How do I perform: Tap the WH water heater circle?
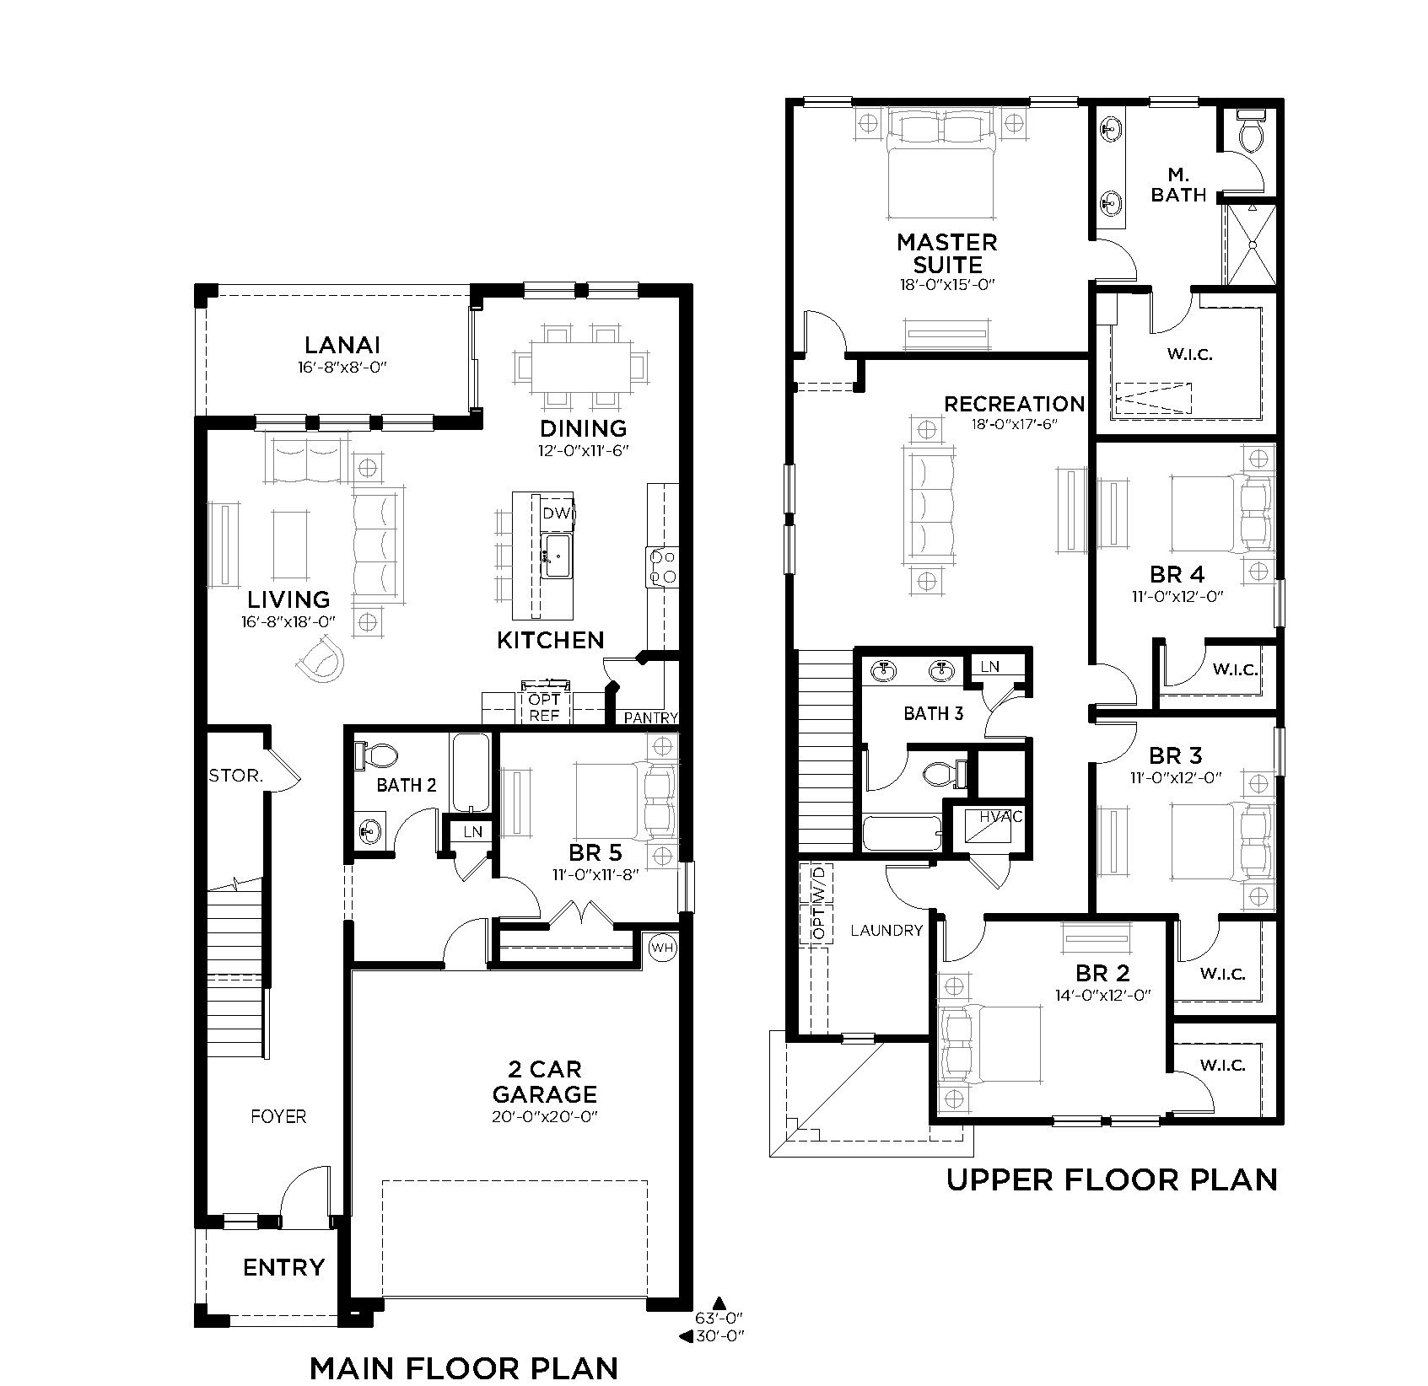pos(662,948)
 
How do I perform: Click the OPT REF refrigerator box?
pos(544,708)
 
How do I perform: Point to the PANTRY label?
pos(650,717)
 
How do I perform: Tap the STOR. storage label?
pos(235,776)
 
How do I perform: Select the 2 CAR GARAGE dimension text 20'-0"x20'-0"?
pos(544,1116)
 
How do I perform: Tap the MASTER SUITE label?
pos(946,253)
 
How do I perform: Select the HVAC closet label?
pos(1000,816)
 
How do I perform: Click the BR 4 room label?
pos(1177,574)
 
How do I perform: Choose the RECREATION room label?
pos(1014,404)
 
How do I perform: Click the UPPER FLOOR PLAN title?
pos(1111,1179)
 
